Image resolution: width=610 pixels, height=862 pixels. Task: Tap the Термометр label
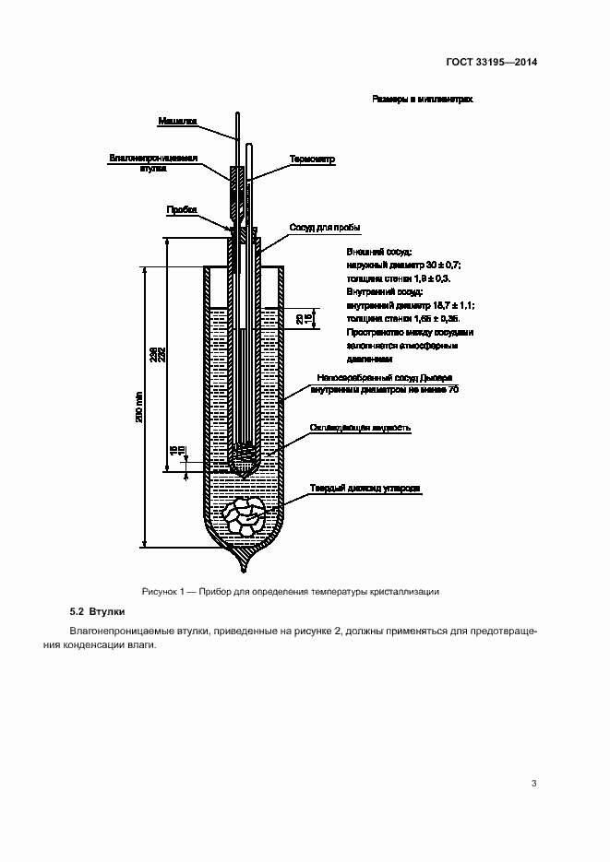(x=312, y=159)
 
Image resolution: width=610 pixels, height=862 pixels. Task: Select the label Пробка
(x=181, y=209)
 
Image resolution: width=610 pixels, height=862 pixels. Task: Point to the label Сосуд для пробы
(x=324, y=227)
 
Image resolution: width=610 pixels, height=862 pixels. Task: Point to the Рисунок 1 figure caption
(x=291, y=591)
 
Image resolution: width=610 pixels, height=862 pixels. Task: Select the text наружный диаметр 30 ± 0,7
(x=403, y=264)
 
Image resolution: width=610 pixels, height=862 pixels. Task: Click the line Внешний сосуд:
(x=378, y=251)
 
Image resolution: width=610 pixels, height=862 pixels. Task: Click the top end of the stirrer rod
(x=237, y=114)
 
